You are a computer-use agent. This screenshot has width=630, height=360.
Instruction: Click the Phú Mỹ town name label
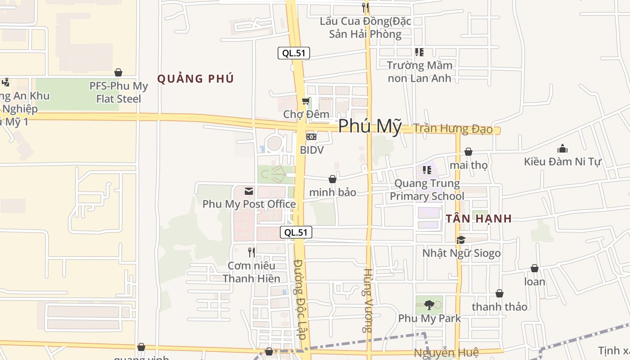pyautogui.click(x=369, y=126)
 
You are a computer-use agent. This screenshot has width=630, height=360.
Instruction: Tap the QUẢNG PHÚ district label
pyautogui.click(x=195, y=79)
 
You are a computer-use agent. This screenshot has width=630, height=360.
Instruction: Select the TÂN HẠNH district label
pyautogui.click(x=479, y=219)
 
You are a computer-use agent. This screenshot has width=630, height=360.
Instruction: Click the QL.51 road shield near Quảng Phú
pyautogui.click(x=294, y=53)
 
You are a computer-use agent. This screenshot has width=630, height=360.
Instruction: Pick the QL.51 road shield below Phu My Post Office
pyautogui.click(x=296, y=232)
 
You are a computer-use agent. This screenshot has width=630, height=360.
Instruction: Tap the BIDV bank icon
pyautogui.click(x=311, y=137)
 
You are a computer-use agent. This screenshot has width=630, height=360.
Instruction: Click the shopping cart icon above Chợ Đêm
pyautogui.click(x=306, y=101)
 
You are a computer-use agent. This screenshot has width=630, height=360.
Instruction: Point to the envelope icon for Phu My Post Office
pyautogui.click(x=249, y=191)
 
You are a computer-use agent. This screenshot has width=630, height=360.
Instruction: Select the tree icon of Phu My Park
pyautogui.click(x=429, y=305)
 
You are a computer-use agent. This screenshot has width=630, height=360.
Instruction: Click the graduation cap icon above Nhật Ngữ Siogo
pyautogui.click(x=461, y=240)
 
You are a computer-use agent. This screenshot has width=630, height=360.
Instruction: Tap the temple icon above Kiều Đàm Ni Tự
pyautogui.click(x=562, y=148)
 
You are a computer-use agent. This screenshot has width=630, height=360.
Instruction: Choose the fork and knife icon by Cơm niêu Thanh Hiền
pyautogui.click(x=252, y=252)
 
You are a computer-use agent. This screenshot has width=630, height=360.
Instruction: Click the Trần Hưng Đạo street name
pyautogui.click(x=453, y=129)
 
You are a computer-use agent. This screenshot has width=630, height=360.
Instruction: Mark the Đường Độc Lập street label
pyautogui.click(x=300, y=299)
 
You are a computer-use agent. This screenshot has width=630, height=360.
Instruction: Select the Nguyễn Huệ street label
pyautogui.click(x=446, y=353)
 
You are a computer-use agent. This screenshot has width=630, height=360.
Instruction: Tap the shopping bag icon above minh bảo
pyautogui.click(x=333, y=179)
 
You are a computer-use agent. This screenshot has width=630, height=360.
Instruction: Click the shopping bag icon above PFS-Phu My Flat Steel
pyautogui.click(x=118, y=72)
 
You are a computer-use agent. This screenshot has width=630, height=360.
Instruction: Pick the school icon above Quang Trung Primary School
pyautogui.click(x=427, y=170)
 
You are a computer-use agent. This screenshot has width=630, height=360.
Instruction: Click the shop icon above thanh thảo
pyautogui.click(x=499, y=294)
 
